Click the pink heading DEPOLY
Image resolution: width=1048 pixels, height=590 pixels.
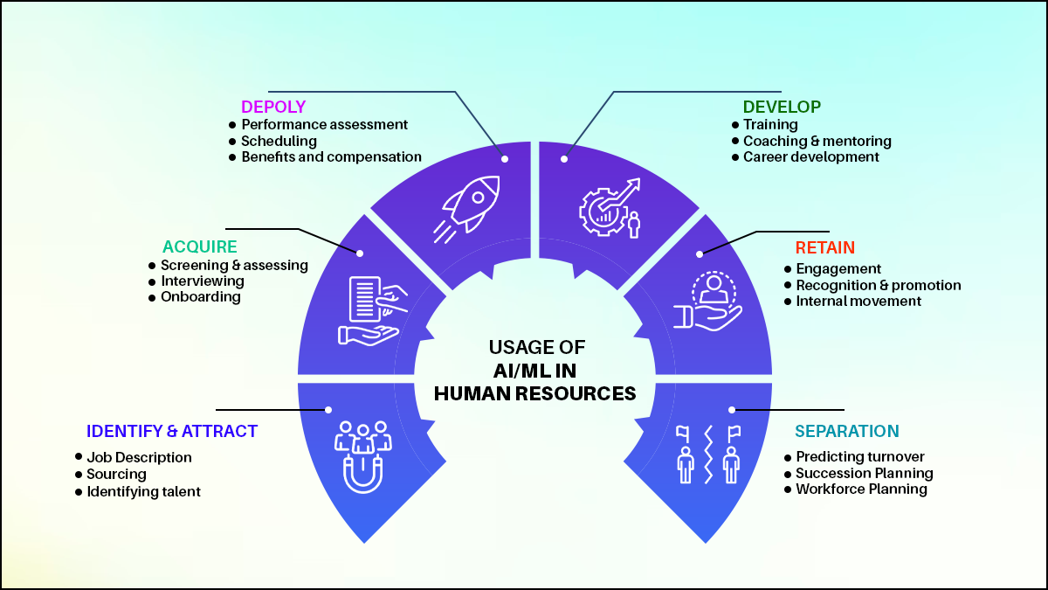tap(273, 108)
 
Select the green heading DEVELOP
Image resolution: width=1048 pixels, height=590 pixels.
tap(782, 108)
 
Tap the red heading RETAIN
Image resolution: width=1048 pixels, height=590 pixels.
tap(824, 248)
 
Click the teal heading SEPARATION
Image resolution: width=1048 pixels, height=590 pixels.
tap(846, 432)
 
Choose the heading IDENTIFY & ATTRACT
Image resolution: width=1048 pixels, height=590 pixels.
tap(172, 432)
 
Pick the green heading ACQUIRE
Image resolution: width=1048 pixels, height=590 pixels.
tap(199, 247)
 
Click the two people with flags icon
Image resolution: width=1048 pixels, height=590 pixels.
tap(708, 453)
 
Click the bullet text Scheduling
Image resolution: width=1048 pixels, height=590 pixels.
tap(279, 141)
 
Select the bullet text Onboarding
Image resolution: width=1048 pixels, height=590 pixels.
tap(200, 297)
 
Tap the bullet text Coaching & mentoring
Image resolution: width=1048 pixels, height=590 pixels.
tap(817, 141)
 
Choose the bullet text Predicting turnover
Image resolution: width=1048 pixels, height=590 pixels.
tap(859, 457)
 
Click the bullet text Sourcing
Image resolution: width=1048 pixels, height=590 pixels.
tap(116, 475)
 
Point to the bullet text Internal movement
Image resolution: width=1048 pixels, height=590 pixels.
tap(858, 302)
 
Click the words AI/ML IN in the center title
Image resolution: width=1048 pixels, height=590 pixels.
tap(534, 370)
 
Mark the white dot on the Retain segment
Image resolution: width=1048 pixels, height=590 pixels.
tap(700, 254)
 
